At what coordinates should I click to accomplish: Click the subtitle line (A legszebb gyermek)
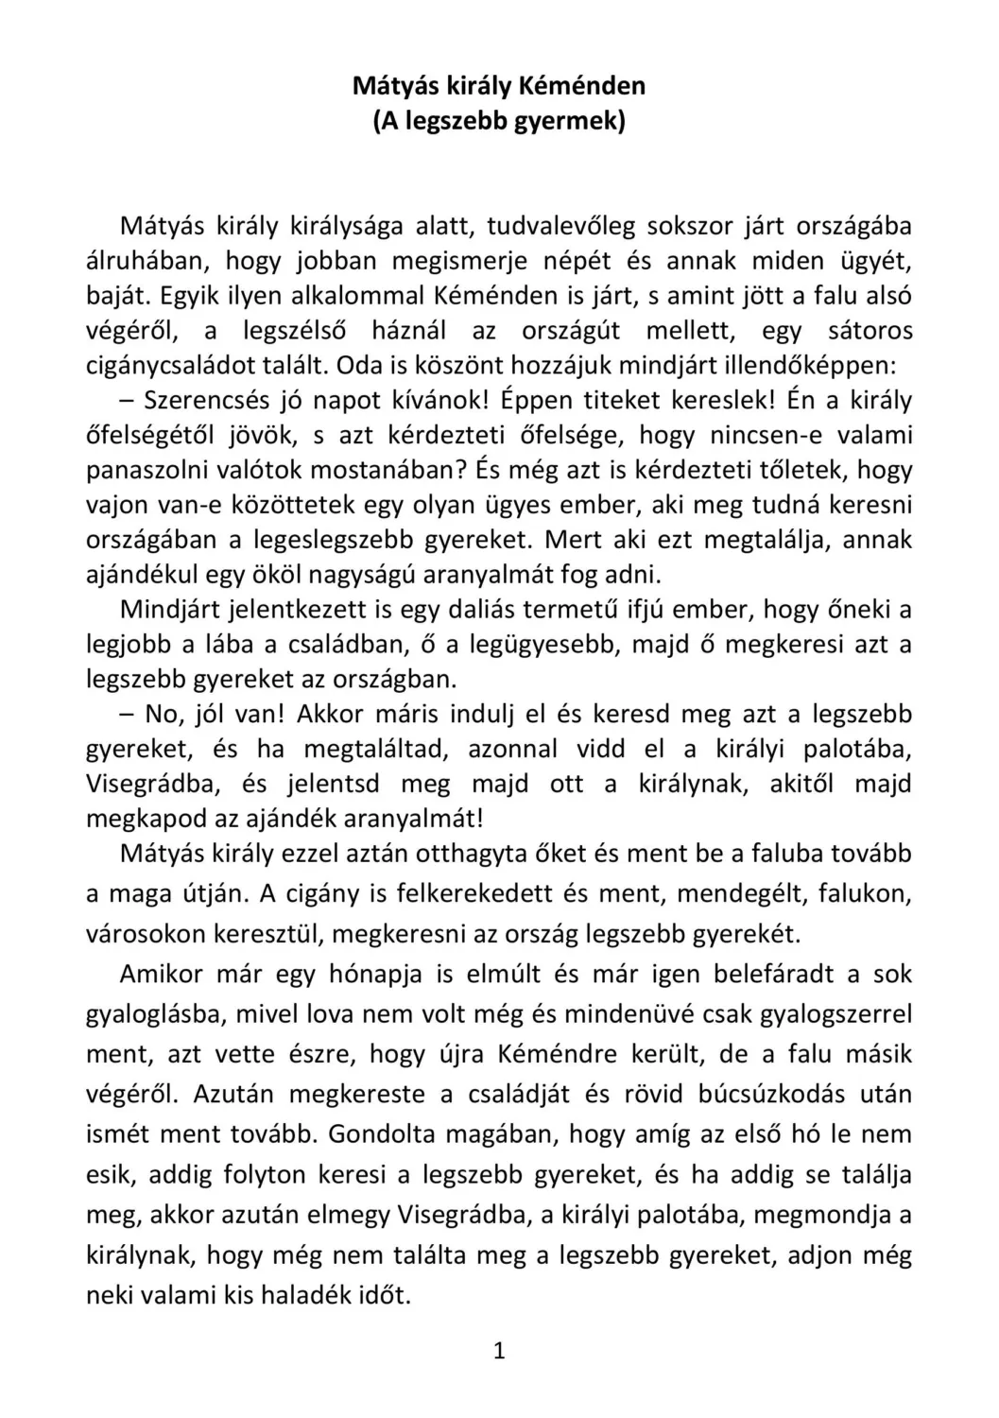[x=499, y=122]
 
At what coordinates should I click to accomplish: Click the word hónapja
[x=375, y=975]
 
